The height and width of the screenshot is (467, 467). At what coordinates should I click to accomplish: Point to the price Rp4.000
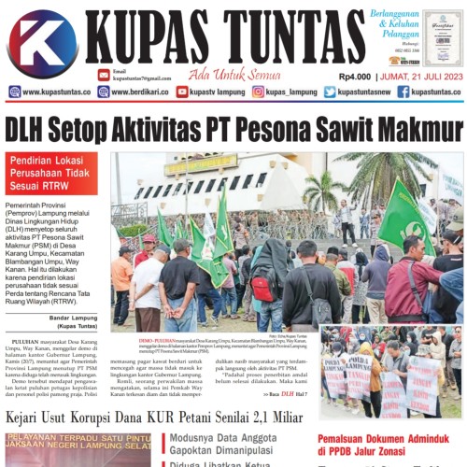click(x=358, y=76)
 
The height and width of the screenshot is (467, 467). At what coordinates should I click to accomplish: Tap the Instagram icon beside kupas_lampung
click(x=259, y=92)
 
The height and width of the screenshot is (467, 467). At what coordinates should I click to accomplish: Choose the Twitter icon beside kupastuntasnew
click(x=330, y=92)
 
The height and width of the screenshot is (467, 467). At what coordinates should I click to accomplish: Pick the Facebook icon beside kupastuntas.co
click(x=403, y=92)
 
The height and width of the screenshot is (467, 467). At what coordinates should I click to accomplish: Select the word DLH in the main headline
click(x=28, y=127)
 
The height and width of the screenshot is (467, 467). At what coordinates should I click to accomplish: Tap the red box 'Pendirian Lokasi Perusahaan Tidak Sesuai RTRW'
click(x=50, y=174)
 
